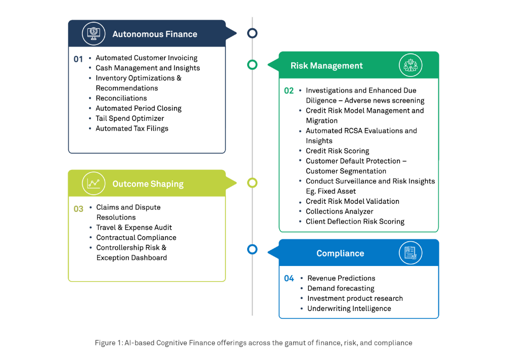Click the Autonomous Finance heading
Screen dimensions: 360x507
click(x=155, y=34)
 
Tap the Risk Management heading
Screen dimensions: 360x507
click(x=327, y=66)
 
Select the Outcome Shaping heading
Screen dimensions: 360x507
click(x=148, y=184)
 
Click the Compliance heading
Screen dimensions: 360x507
click(x=340, y=253)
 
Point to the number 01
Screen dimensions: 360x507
click(x=78, y=59)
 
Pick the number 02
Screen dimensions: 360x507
click(x=289, y=91)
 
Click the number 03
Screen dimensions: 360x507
click(x=78, y=208)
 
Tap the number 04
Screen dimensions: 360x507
click(x=289, y=279)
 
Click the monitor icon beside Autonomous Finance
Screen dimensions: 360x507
click(x=94, y=34)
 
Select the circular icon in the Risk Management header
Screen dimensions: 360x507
click(x=410, y=65)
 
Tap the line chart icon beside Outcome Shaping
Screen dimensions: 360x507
click(x=94, y=184)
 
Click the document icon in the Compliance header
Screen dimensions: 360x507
click(x=410, y=253)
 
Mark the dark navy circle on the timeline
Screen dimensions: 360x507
click(x=252, y=33)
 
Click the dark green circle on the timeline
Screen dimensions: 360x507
click(x=252, y=65)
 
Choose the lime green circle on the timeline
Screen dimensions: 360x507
click(x=252, y=183)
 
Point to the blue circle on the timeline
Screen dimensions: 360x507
click(x=252, y=249)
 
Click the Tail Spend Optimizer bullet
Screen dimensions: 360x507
click(x=130, y=118)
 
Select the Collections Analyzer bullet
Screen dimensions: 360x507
click(x=339, y=211)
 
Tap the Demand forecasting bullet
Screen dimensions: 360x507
click(x=341, y=288)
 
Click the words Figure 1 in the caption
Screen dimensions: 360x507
click(x=107, y=343)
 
